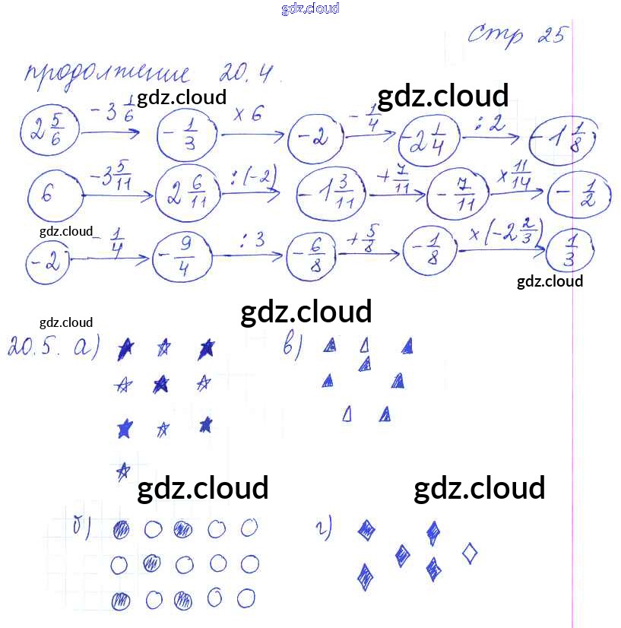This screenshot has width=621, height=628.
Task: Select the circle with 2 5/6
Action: click(48, 129)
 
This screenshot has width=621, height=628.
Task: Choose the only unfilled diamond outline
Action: click(471, 553)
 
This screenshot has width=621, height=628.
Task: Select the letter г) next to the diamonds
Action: click(328, 528)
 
